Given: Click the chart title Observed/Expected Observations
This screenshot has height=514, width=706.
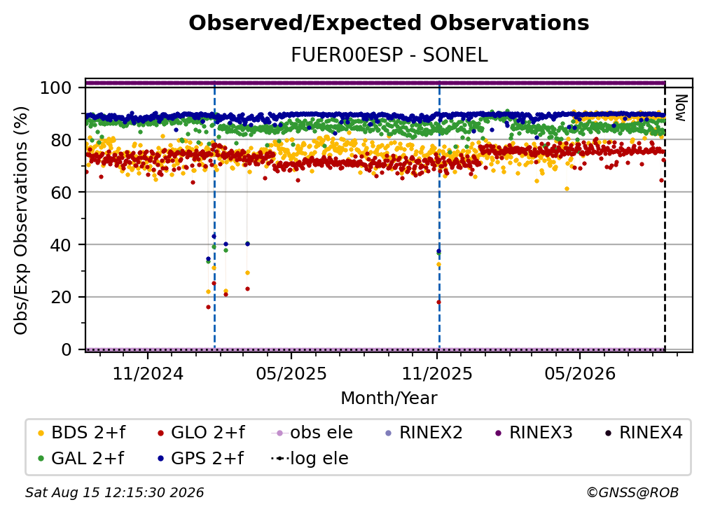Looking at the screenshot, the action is pos(389,23).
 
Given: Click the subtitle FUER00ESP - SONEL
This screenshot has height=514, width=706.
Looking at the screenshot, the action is pos(389,55).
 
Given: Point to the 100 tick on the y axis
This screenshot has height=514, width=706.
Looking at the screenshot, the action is pos(56,88).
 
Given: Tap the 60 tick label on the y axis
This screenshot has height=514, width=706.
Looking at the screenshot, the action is pos(61,192).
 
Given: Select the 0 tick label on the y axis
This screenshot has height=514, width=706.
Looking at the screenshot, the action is pos(67,349).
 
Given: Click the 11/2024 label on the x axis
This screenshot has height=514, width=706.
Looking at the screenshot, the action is pos(148,373).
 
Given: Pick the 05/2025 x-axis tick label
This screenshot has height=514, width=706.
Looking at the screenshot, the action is pos(291,373).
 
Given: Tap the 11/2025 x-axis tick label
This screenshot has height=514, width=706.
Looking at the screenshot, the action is pos(437,373).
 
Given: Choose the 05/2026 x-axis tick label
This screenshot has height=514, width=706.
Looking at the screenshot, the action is pos(580,373).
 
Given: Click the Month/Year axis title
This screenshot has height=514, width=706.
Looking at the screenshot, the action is pos(389,398).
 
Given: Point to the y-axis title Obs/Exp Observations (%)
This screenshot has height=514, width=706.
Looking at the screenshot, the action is pos(21,221).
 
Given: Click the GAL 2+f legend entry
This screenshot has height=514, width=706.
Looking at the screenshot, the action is pos(81,458).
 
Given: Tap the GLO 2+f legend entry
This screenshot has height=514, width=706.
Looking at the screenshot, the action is pos(201,433).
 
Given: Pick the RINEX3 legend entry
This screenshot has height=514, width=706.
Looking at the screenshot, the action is pos(534,433).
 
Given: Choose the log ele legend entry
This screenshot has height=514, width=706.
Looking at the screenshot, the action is pos(310,458).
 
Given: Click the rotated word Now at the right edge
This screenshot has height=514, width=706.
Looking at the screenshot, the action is pos(680,108).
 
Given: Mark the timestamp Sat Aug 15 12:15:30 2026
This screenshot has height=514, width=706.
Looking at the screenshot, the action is pos(114,492).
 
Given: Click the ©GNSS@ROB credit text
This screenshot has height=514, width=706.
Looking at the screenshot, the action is pos(632,492).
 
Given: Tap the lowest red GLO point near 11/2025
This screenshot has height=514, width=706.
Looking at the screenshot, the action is pos(438,303).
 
